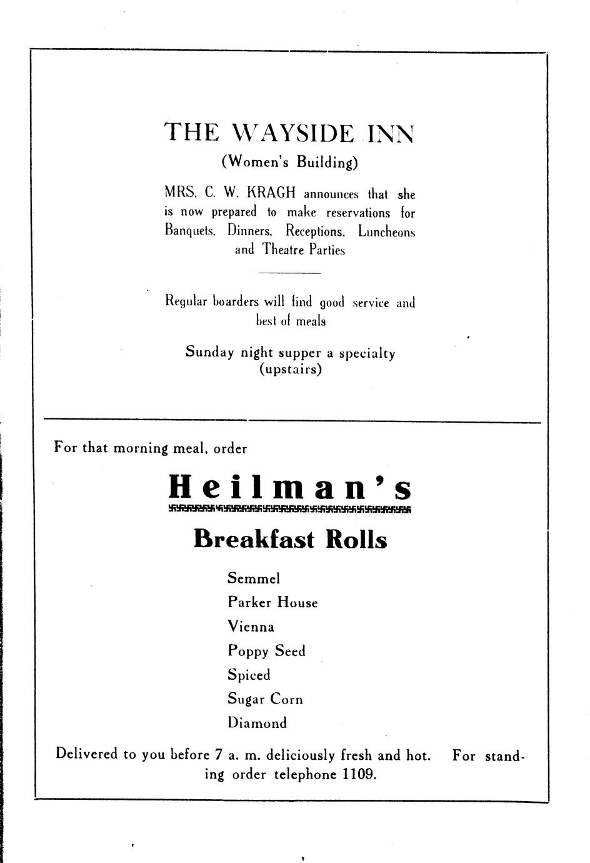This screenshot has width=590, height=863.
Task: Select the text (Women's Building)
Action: (x=290, y=162)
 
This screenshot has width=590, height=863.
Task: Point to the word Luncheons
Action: (x=386, y=231)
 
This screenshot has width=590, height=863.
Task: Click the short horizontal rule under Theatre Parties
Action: (x=289, y=273)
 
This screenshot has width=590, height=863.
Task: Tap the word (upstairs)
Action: (x=291, y=369)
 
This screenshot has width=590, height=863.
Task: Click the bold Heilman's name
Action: (x=291, y=487)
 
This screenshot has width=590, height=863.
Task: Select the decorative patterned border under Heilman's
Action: (x=290, y=508)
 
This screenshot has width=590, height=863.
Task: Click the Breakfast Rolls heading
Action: (x=290, y=539)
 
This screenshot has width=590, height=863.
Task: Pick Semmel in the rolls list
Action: (x=254, y=578)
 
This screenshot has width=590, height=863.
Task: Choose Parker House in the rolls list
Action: (x=272, y=602)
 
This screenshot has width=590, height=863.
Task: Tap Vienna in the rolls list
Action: (x=251, y=627)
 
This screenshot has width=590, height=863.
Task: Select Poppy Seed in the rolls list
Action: (x=266, y=651)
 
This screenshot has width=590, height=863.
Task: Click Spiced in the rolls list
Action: (x=249, y=675)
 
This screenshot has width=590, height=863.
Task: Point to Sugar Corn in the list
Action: (x=265, y=699)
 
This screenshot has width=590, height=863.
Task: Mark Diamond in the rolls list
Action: (x=257, y=724)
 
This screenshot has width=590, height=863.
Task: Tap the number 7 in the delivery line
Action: (x=218, y=755)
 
